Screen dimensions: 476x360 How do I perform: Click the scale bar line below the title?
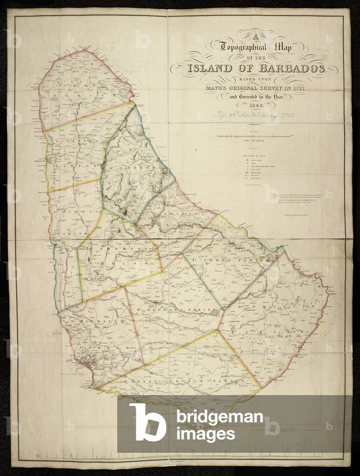255,135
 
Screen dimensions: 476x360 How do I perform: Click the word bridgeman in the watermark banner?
220,416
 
